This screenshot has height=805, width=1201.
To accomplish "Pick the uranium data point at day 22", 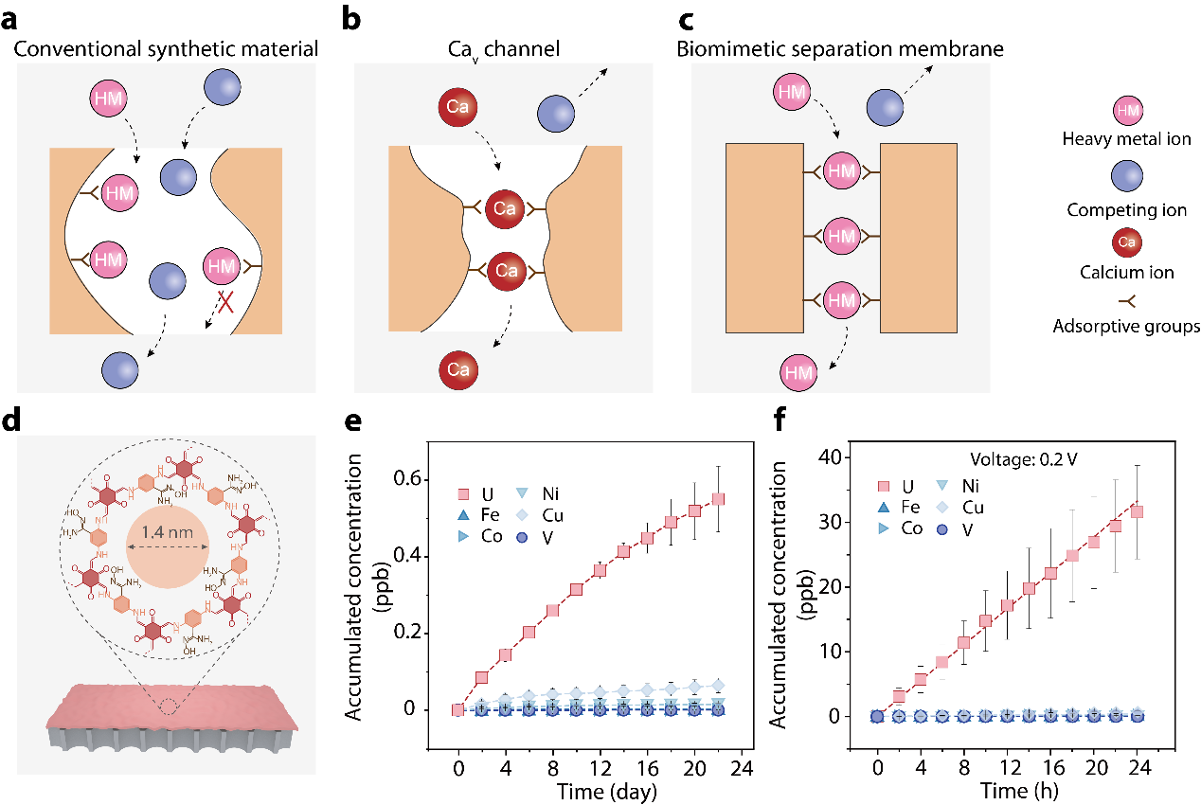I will point(718,499).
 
